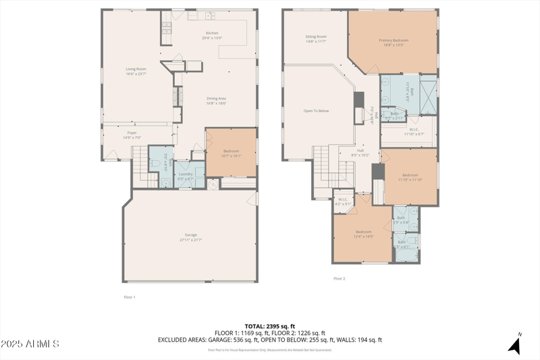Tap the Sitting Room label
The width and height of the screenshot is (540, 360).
pos(316,38)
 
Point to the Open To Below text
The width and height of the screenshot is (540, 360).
pos(316,111)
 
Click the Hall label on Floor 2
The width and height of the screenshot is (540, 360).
pos(360,153)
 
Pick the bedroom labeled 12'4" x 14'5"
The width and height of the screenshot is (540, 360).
pos(363,234)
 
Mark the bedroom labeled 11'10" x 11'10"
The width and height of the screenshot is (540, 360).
pos(410,177)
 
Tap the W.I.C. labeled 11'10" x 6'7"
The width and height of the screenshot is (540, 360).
pos(414,132)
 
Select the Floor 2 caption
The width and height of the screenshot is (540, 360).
pos(339,278)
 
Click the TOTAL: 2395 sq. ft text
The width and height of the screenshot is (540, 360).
pos(270,326)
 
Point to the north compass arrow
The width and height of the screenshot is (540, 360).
pos(515,345)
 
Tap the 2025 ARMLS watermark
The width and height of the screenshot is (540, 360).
pos(30,344)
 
